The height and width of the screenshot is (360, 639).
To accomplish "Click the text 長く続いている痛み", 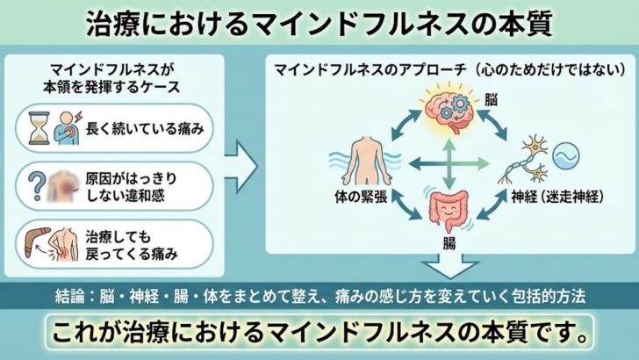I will (x=145, y=130).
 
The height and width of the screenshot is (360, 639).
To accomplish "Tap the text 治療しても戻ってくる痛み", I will (x=133, y=245).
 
